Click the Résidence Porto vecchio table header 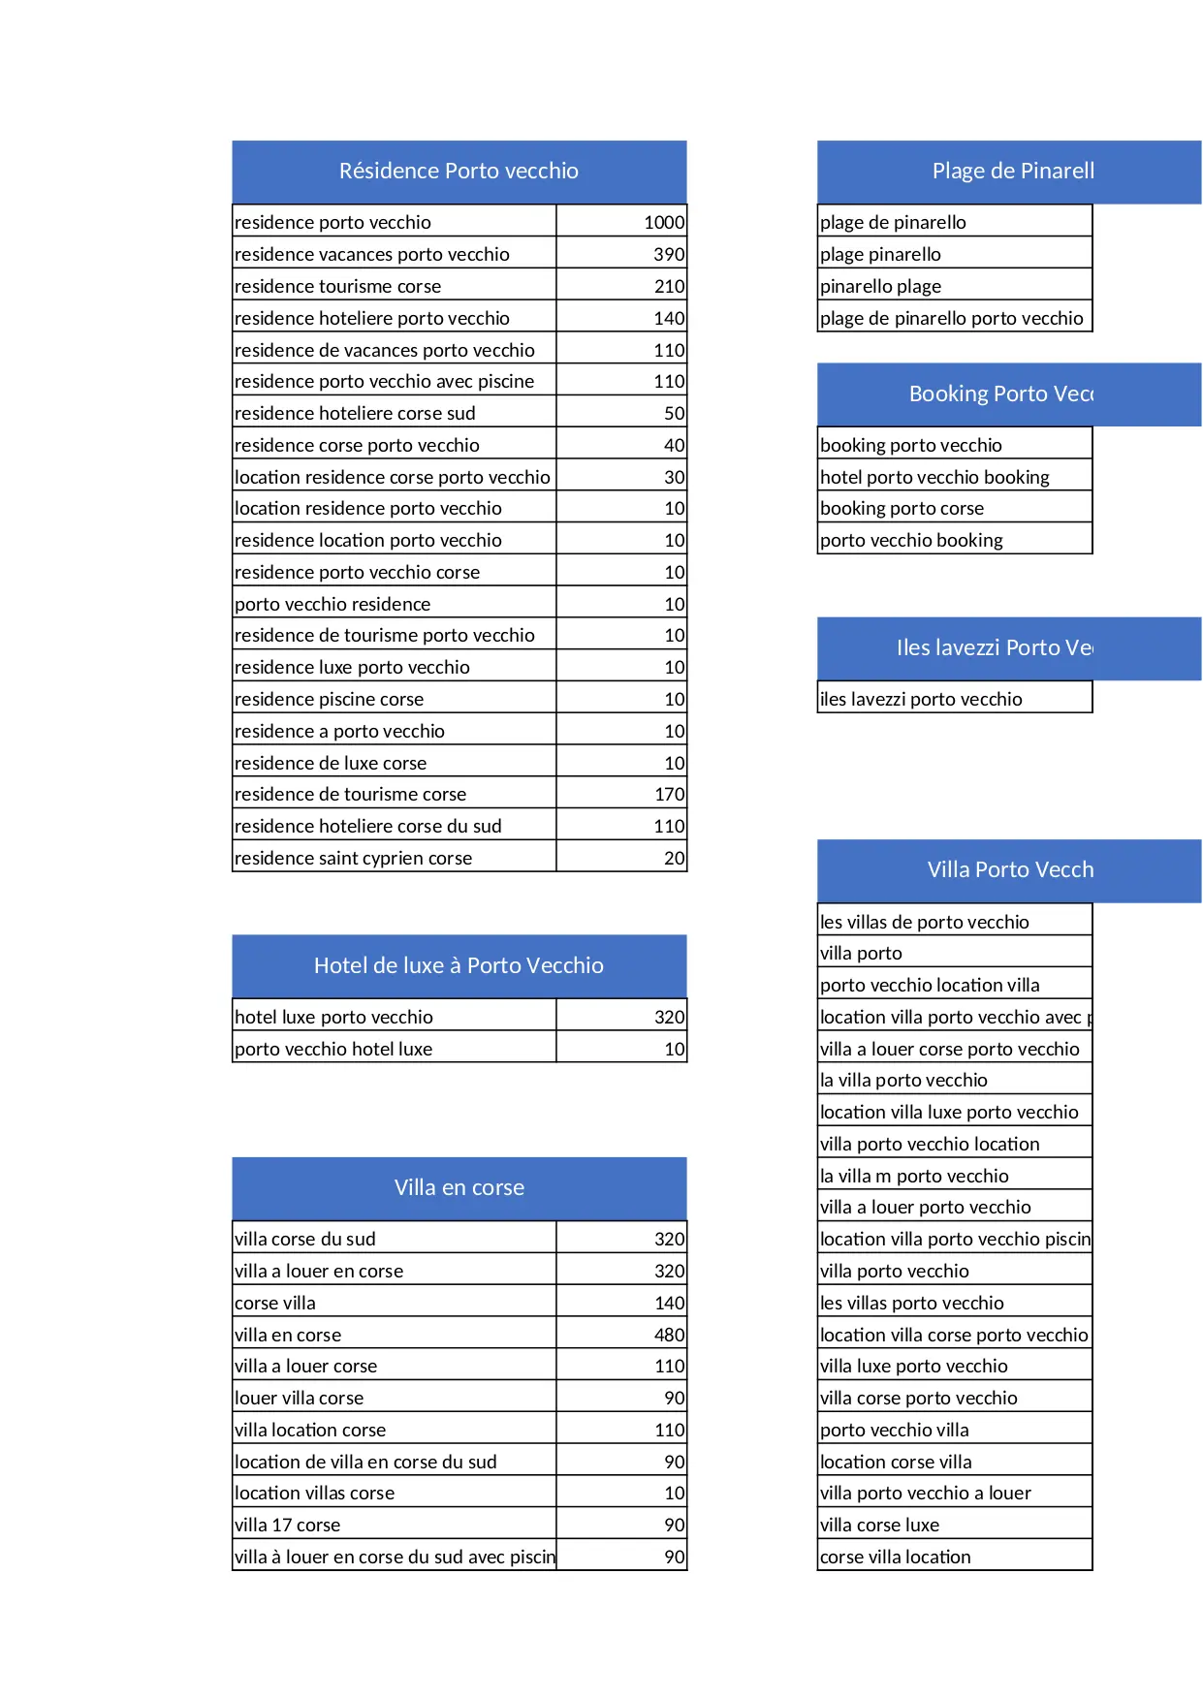coord(459,172)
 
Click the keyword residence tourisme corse coord(337,286)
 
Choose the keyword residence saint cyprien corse coord(353,858)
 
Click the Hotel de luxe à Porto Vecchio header coord(459,965)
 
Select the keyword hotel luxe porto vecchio coord(333,1017)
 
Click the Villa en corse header coord(459,1187)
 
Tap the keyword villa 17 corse coord(287,1525)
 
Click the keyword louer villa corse coord(299,1398)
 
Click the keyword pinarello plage coord(880,286)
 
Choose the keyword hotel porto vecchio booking coord(934,477)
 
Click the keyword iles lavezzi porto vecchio coord(921,699)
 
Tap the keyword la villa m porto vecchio coord(914,1176)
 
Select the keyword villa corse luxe coord(879,1525)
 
